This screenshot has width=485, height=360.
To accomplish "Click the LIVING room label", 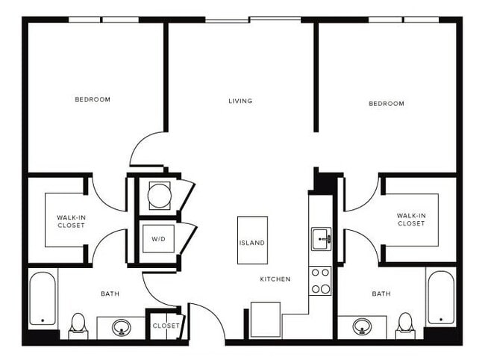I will [240, 101].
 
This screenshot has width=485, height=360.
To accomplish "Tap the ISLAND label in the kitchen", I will [251, 243].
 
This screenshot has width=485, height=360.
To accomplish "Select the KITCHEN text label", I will [275, 279].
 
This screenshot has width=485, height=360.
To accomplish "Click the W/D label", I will [157, 240].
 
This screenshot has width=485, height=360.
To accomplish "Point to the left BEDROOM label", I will [93, 99].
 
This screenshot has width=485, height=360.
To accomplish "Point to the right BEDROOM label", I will [387, 104].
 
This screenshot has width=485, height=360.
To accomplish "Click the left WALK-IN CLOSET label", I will [70, 221].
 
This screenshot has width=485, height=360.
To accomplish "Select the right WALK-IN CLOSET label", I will [410, 220].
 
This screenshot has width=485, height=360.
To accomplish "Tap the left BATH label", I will [110, 294].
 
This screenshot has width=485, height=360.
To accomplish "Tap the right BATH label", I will [381, 294].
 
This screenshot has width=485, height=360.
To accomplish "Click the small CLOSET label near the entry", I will [165, 326].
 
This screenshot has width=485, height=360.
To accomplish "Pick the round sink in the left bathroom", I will [121, 326].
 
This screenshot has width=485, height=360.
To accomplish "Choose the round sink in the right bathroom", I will [363, 326].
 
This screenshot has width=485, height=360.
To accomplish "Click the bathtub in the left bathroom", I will [43, 299].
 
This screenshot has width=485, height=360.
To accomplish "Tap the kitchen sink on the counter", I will [321, 240].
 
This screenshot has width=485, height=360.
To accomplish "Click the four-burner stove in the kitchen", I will [320, 280].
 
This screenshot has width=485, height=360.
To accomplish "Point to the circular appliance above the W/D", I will [158, 196].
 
